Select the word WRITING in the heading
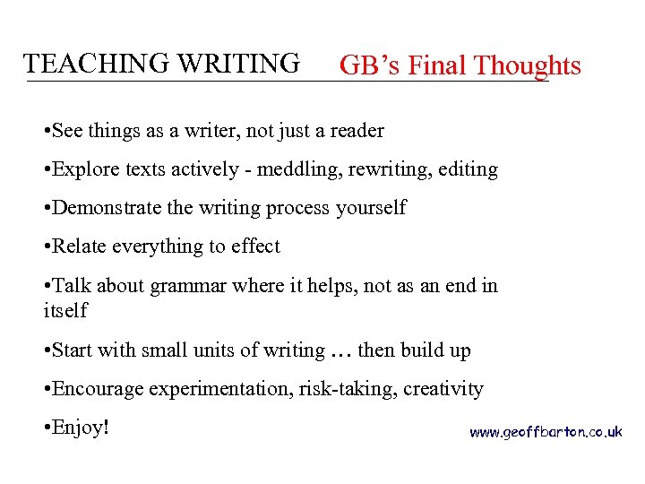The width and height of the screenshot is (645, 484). point(238,64)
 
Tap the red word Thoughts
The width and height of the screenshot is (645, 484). point(528,65)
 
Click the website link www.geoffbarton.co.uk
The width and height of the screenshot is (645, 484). point(546,432)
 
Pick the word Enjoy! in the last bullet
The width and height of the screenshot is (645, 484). point(80,427)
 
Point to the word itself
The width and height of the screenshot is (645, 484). point(65,310)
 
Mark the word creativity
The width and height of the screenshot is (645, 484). point(443,388)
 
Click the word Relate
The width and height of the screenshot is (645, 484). point(80,246)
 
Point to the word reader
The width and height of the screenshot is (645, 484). point(357,130)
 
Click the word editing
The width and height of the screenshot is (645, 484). point(468,169)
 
